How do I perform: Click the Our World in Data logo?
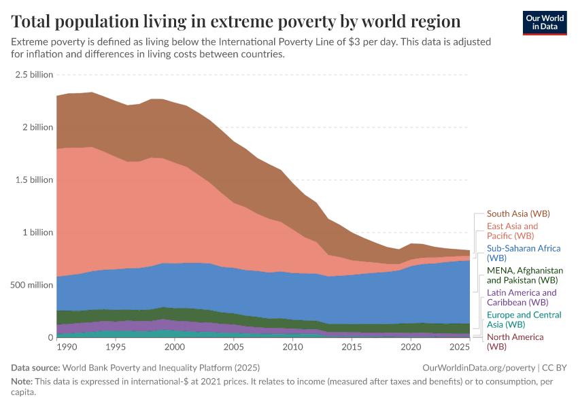click(544, 22)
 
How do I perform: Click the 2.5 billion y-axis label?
click(33, 75)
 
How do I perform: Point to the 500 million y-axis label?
click(31, 285)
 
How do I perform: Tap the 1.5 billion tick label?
click(33, 180)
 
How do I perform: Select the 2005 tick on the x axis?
click(234, 347)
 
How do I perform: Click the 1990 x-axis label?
click(67, 347)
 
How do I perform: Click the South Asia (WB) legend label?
click(517, 214)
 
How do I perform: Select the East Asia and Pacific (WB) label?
click(512, 231)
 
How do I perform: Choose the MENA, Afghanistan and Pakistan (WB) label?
click(525, 275)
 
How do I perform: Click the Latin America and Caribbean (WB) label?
click(521, 297)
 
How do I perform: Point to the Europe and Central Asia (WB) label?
click(524, 320)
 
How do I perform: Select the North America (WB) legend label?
click(515, 341)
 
